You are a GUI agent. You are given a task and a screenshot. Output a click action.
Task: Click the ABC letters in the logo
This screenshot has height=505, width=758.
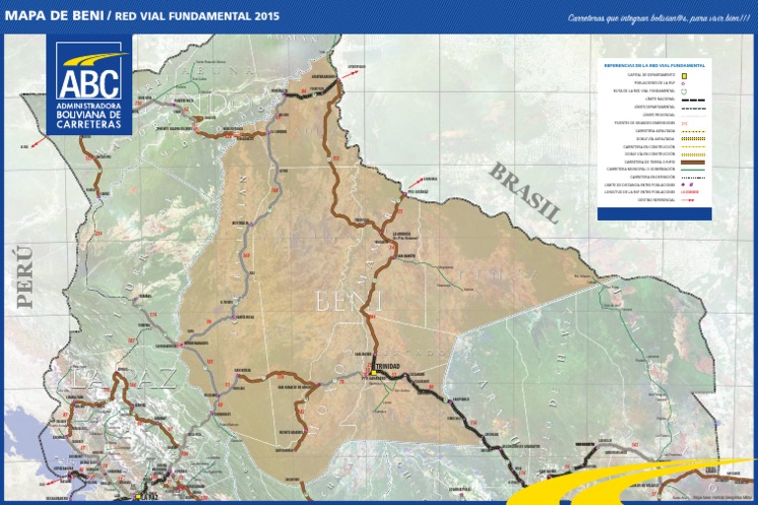coord(89,81)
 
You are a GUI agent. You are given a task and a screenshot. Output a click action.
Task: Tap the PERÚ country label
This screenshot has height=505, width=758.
coord(25,276)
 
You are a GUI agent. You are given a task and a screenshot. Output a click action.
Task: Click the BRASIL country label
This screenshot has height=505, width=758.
coord(525,191)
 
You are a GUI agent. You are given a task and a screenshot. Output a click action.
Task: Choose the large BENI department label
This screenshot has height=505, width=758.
coord(345,300)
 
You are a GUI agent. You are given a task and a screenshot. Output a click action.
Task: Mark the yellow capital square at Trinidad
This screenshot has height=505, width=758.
coord(375,372)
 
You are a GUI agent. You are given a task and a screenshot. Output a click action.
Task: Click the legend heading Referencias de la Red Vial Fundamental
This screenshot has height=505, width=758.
coord(653,65)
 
